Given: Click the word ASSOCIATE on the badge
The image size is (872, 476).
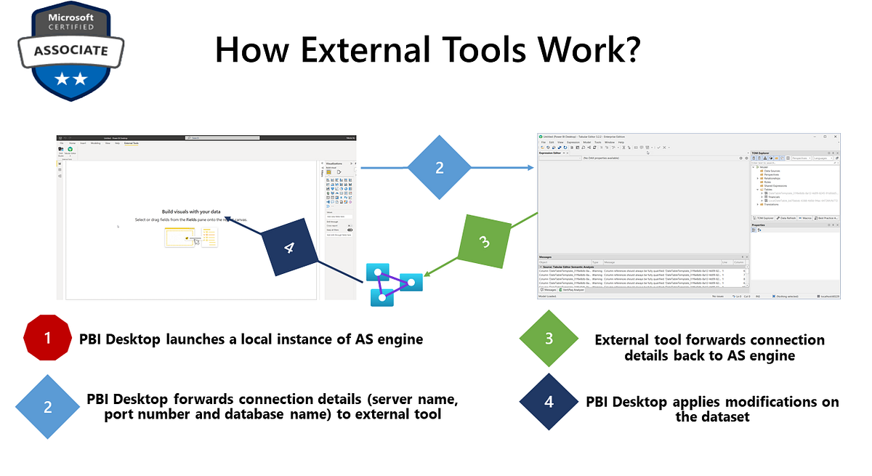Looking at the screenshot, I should [70, 51].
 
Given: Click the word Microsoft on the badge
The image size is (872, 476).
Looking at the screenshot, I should [70, 16].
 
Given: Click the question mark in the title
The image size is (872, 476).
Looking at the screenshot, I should [629, 52].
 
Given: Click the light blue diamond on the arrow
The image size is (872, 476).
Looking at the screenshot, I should [440, 169].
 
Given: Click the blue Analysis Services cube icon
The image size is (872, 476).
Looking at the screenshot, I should [391, 284].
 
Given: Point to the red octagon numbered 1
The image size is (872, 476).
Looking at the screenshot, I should [48, 338].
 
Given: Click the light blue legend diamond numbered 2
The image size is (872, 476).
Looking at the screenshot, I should [48, 407].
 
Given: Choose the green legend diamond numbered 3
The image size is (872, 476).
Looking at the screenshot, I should [549, 339].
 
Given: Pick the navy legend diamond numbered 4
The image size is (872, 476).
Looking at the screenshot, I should [549, 402].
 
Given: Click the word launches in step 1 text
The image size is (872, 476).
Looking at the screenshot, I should [198, 339].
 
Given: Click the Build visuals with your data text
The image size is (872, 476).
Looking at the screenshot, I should [191, 211].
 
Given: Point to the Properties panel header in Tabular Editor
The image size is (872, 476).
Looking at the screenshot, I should [759, 225].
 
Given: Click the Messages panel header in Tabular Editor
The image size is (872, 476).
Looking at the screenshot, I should [546, 257].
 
